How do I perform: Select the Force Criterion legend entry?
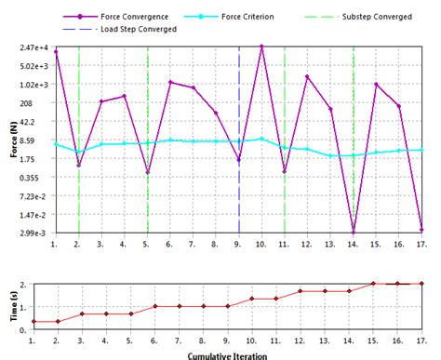click(245, 17)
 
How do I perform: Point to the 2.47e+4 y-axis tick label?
click(33, 47)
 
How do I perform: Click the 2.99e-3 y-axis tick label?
click(33, 233)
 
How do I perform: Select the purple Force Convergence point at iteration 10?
click(261, 47)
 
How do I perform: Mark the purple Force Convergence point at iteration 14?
click(354, 233)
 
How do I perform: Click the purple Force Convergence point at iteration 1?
click(56, 52)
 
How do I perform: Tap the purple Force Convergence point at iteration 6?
click(170, 82)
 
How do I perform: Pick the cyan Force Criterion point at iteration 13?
click(330, 155)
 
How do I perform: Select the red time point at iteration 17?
click(421, 284)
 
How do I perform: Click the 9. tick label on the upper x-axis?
click(238, 244)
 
